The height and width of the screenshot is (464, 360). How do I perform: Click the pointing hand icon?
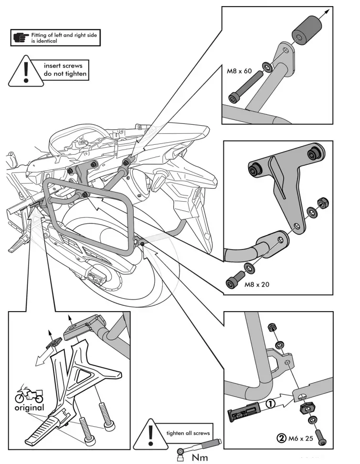pyautogui.click(x=21, y=37)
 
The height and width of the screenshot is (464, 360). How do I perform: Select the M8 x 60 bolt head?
pyautogui.click(x=233, y=98)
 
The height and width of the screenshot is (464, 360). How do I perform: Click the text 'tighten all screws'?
pyautogui.click(x=188, y=433)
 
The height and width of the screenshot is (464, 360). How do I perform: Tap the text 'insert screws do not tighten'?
pyautogui.click(x=66, y=70)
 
